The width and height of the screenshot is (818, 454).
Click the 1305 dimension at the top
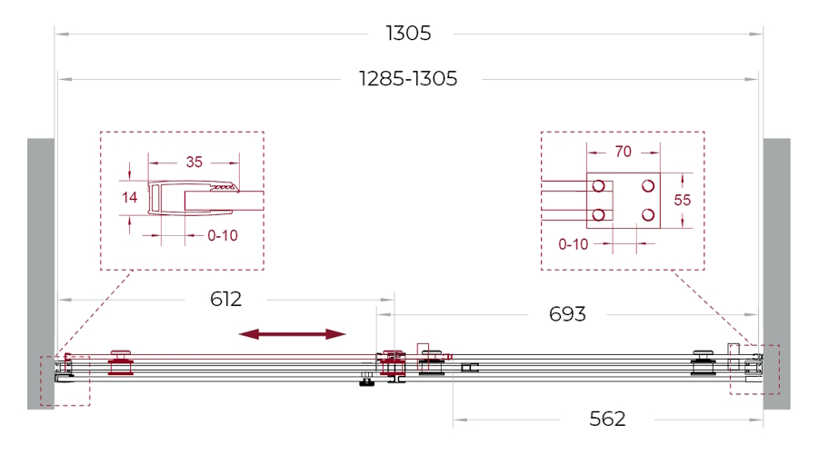tap(408, 34)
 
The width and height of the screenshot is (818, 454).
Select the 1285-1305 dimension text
tap(408, 79)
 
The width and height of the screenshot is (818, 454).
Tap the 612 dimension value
tap(226, 300)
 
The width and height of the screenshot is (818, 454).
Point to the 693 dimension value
tap(567, 314)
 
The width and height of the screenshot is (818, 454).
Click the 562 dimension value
tap(607, 419)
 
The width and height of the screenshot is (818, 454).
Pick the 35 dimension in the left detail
tap(195, 163)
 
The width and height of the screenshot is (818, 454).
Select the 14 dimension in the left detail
tap(129, 198)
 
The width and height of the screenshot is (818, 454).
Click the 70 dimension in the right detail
tap(623, 152)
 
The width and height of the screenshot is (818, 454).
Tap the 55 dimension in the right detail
tap(682, 200)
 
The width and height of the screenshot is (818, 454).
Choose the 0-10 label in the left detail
tap(223, 235)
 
